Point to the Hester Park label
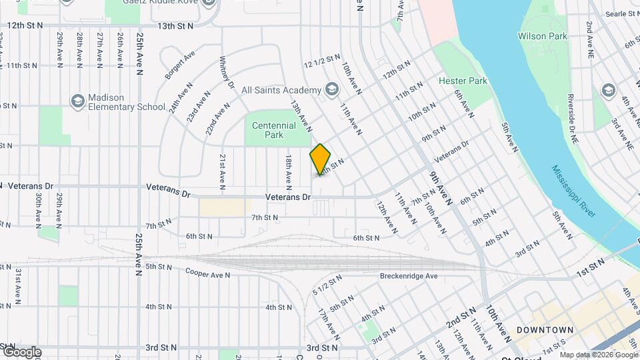463,81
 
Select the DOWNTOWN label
545,330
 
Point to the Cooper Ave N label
207,273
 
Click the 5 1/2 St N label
327,283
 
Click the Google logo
21,352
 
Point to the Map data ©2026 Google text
599,354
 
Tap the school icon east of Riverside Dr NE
607,90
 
